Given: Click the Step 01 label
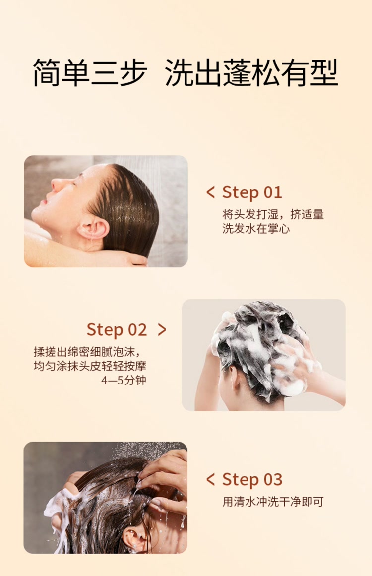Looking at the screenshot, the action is point(252,192).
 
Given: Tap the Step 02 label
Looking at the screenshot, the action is point(117,329).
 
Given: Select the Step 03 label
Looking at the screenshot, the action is point(252,479).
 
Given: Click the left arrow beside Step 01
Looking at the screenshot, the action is point(210,192).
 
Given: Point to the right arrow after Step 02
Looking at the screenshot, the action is point(162,329).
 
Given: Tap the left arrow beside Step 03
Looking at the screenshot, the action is point(210,479).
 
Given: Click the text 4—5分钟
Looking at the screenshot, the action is point(124,380).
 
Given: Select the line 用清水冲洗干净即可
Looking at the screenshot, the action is point(273,502).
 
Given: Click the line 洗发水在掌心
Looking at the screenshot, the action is point(256,229).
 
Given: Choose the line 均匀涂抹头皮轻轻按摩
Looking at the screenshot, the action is point(90,366).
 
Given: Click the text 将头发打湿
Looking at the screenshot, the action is point(250,214).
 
